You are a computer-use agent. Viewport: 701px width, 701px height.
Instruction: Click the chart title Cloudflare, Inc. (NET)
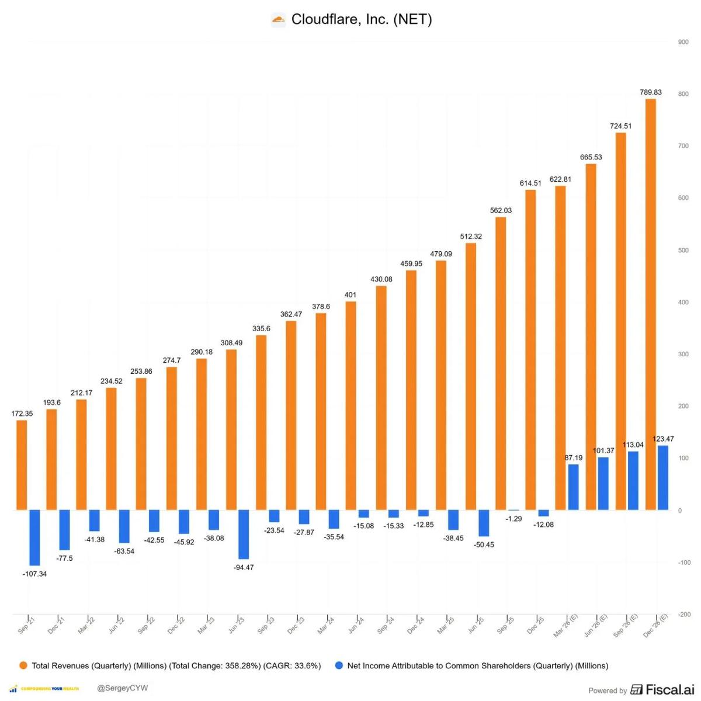(361, 19)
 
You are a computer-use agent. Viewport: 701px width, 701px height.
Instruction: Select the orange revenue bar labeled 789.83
(650, 304)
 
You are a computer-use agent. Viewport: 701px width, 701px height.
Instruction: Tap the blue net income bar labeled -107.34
(34, 537)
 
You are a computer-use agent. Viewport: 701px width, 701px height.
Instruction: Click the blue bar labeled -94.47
(244, 534)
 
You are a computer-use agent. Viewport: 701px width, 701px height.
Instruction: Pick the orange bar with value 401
(350, 405)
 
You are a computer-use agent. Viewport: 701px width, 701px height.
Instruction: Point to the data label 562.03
(501, 210)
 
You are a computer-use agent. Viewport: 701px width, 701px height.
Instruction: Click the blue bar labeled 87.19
(573, 487)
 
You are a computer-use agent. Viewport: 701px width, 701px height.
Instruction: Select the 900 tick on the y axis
(683, 42)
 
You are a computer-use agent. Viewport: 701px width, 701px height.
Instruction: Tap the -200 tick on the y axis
(683, 615)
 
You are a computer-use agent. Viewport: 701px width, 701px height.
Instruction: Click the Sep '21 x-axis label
(26, 626)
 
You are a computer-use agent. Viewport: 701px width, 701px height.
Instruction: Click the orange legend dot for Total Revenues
(23, 665)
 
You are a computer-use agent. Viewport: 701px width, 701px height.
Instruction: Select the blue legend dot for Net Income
(339, 665)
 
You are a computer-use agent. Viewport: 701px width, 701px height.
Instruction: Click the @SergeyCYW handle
(122, 688)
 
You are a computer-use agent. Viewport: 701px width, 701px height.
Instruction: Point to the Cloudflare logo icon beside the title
(279, 20)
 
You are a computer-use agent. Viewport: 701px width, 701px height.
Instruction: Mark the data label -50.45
(484, 544)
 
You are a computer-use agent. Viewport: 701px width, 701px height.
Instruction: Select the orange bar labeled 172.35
(22, 465)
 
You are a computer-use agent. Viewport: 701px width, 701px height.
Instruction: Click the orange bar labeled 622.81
(560, 348)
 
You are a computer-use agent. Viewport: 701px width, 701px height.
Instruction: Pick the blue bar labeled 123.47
(663, 477)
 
